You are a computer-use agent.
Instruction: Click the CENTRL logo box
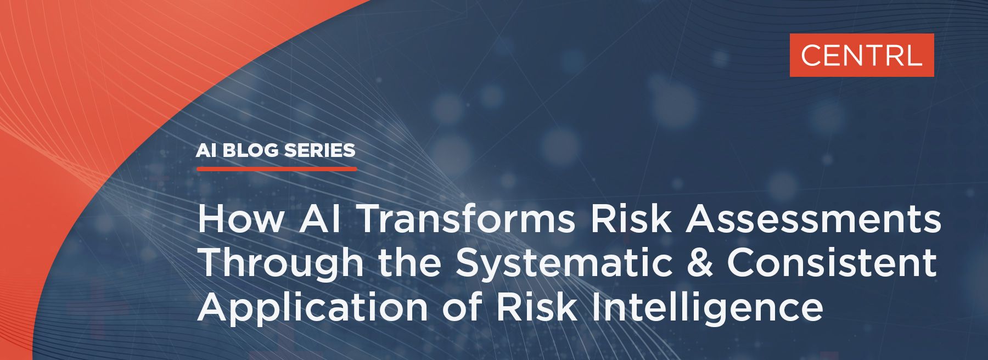862,55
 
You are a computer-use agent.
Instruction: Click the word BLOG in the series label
250,150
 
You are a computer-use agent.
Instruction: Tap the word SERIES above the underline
320,150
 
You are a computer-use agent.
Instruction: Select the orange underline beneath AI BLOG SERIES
277,168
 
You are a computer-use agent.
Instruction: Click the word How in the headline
242,219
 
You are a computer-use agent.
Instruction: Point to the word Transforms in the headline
467,219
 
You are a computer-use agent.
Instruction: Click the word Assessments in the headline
813,219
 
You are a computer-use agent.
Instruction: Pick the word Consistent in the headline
832,263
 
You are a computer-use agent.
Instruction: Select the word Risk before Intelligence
537,307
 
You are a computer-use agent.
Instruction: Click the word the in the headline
409,263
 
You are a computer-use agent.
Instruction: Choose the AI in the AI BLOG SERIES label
206,150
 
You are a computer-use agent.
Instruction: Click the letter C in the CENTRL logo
811,55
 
